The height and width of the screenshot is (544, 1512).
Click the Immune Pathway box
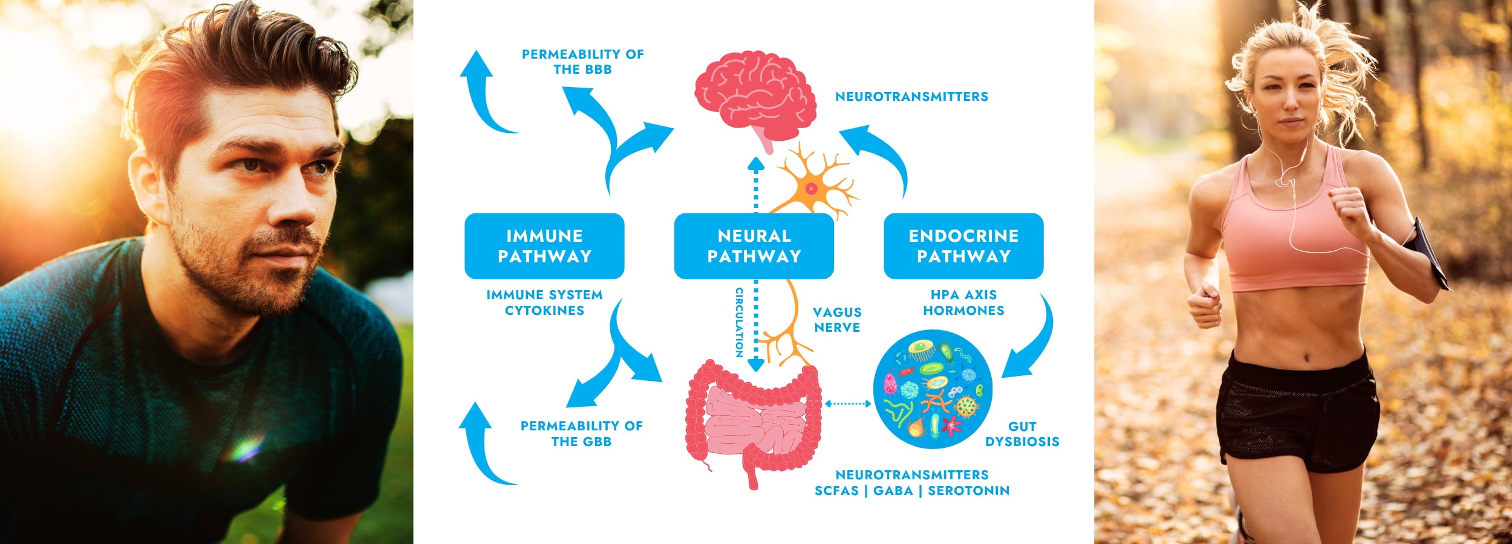click(544, 246)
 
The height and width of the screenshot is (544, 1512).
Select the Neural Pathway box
click(754, 246)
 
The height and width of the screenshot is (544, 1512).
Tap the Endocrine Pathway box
click(963, 246)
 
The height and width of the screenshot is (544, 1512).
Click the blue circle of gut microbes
click(932, 389)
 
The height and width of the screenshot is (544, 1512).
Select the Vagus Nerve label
click(837, 320)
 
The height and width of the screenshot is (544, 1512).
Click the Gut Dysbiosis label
click(1022, 434)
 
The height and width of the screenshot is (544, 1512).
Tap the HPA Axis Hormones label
click(963, 302)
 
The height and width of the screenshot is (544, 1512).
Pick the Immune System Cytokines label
click(544, 302)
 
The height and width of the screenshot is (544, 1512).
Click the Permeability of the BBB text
click(582, 62)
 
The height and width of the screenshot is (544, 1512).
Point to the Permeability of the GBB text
click(581, 433)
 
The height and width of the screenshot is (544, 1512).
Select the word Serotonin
click(968, 491)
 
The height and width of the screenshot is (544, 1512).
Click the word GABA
click(893, 491)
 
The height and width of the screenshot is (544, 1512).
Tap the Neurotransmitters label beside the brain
click(911, 97)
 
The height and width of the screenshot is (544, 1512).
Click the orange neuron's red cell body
click(811, 189)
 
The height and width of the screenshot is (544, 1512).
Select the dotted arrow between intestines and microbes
click(847, 403)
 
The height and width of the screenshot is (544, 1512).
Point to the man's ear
click(145, 184)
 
